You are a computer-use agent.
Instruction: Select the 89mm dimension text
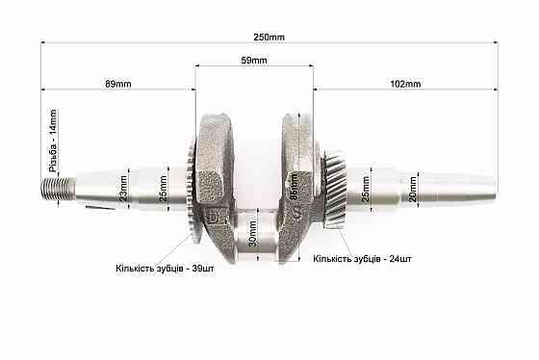click(117, 84)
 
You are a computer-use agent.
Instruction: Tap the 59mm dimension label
click(254, 60)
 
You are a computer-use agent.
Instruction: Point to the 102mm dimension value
click(406, 84)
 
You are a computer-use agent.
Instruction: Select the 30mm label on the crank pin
click(253, 234)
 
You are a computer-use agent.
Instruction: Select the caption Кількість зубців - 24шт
click(362, 260)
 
